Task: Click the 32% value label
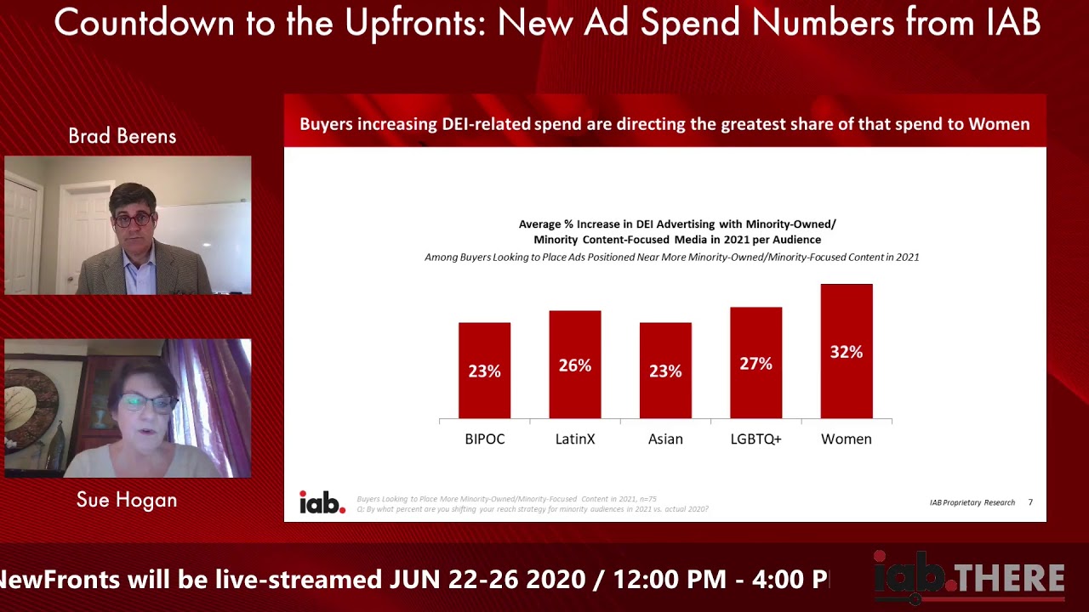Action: (x=846, y=352)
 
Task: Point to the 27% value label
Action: (x=755, y=364)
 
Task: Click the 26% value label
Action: (x=574, y=365)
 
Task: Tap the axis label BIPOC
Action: (x=484, y=439)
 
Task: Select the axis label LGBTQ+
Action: (x=755, y=439)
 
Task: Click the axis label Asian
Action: (x=665, y=439)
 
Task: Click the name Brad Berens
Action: (x=122, y=137)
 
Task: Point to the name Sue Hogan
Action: (x=127, y=500)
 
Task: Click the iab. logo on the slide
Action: (x=322, y=502)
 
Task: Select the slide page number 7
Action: (x=1030, y=502)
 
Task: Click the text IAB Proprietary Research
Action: (x=972, y=502)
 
